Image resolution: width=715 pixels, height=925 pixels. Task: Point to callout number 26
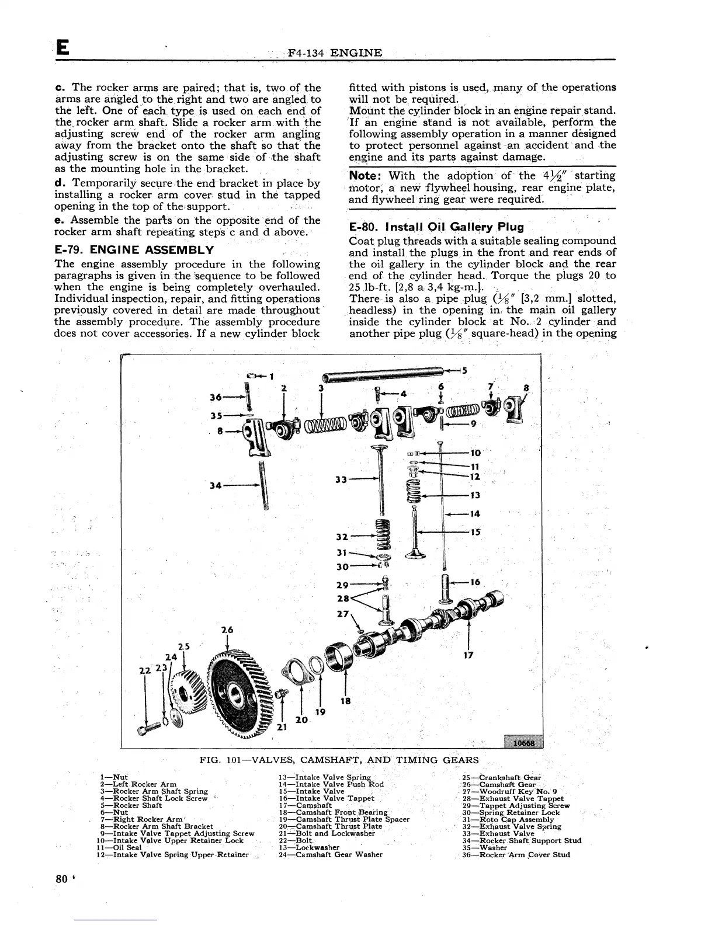tap(227, 631)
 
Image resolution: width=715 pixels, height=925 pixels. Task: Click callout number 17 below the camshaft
tap(467, 655)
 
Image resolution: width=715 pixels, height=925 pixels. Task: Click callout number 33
tap(341, 479)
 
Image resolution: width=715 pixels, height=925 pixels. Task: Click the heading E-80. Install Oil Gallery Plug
tap(436, 227)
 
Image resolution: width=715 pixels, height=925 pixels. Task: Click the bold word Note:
tap(365, 176)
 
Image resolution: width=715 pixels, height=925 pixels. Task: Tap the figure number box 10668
tap(523, 742)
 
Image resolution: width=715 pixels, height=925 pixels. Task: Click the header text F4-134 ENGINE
tap(335, 54)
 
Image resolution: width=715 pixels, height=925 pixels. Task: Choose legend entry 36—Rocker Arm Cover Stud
tap(516, 854)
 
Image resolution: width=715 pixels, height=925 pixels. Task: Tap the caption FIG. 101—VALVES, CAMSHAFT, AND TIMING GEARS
tap(339, 760)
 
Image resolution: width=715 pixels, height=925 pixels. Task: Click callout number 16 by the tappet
tap(474, 582)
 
